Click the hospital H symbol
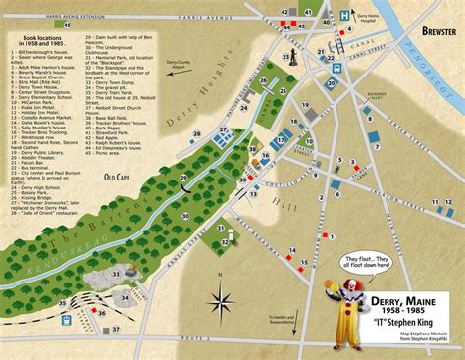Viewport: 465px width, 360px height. [346, 16]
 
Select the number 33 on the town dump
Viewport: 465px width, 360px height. [115, 274]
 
